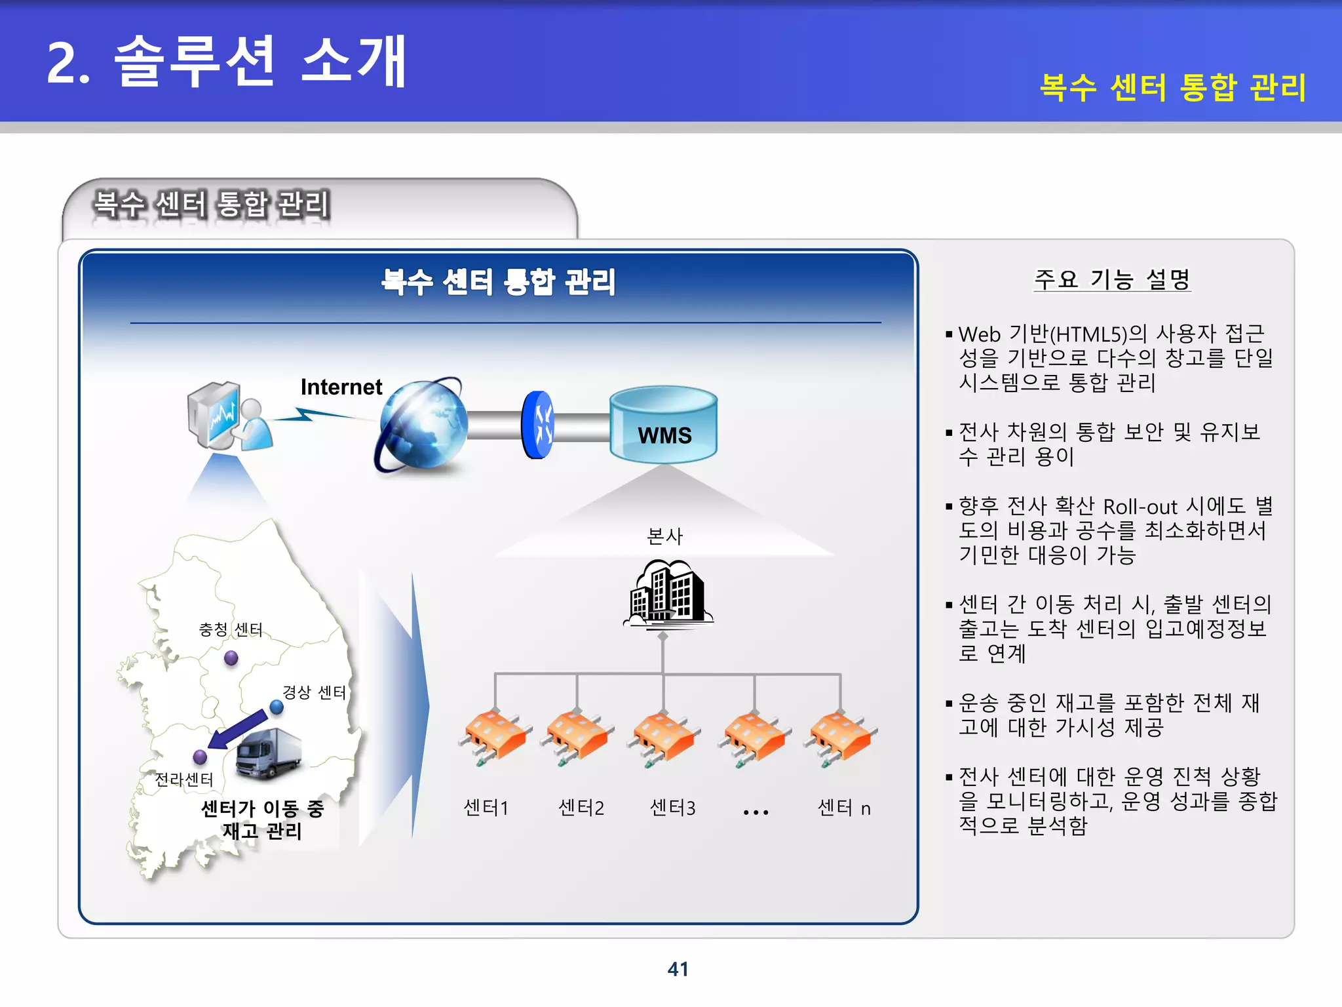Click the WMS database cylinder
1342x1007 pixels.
click(663, 424)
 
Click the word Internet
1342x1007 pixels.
click(341, 387)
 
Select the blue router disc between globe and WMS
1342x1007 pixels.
click(538, 425)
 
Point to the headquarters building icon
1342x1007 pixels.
click(667, 593)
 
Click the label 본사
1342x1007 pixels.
click(664, 536)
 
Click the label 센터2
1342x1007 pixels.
click(581, 808)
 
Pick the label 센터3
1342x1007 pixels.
click(672, 808)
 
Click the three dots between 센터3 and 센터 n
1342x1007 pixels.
click(756, 812)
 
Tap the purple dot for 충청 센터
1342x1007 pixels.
click(231, 658)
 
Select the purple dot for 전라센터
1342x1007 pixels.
click(201, 757)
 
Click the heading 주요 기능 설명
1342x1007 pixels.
click(1112, 280)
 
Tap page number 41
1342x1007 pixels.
click(678, 969)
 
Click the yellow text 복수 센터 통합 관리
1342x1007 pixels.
click(1173, 88)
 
